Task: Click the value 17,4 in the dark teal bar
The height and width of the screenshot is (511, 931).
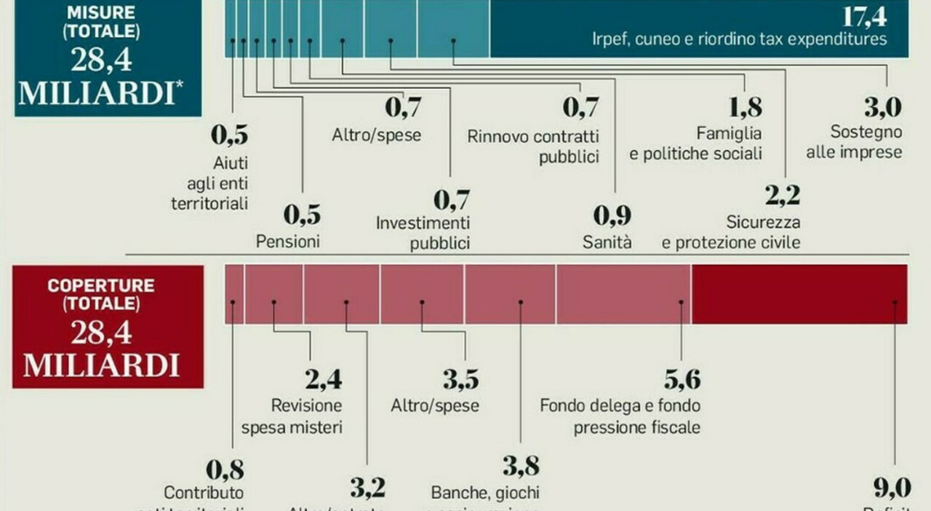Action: point(864,16)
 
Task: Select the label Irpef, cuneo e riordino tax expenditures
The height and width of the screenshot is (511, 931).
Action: point(740,39)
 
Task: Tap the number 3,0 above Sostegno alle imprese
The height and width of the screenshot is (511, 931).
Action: point(882,107)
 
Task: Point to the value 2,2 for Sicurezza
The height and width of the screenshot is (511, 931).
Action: point(782,195)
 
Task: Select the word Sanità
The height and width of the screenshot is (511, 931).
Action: point(607,242)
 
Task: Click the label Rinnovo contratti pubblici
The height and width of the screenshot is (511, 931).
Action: point(533,146)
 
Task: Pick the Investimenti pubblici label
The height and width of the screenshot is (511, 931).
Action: point(423,233)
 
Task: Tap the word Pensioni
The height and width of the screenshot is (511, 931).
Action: point(287,242)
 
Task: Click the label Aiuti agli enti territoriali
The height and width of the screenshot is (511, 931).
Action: point(209,183)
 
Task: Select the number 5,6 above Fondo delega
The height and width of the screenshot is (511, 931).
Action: point(682,380)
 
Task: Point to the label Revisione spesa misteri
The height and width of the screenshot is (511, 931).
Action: point(305,416)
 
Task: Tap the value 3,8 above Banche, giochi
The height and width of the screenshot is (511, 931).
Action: point(520,466)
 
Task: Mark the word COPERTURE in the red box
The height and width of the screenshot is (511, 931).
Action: point(101,285)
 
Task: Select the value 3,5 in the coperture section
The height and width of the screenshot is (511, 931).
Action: point(460,380)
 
